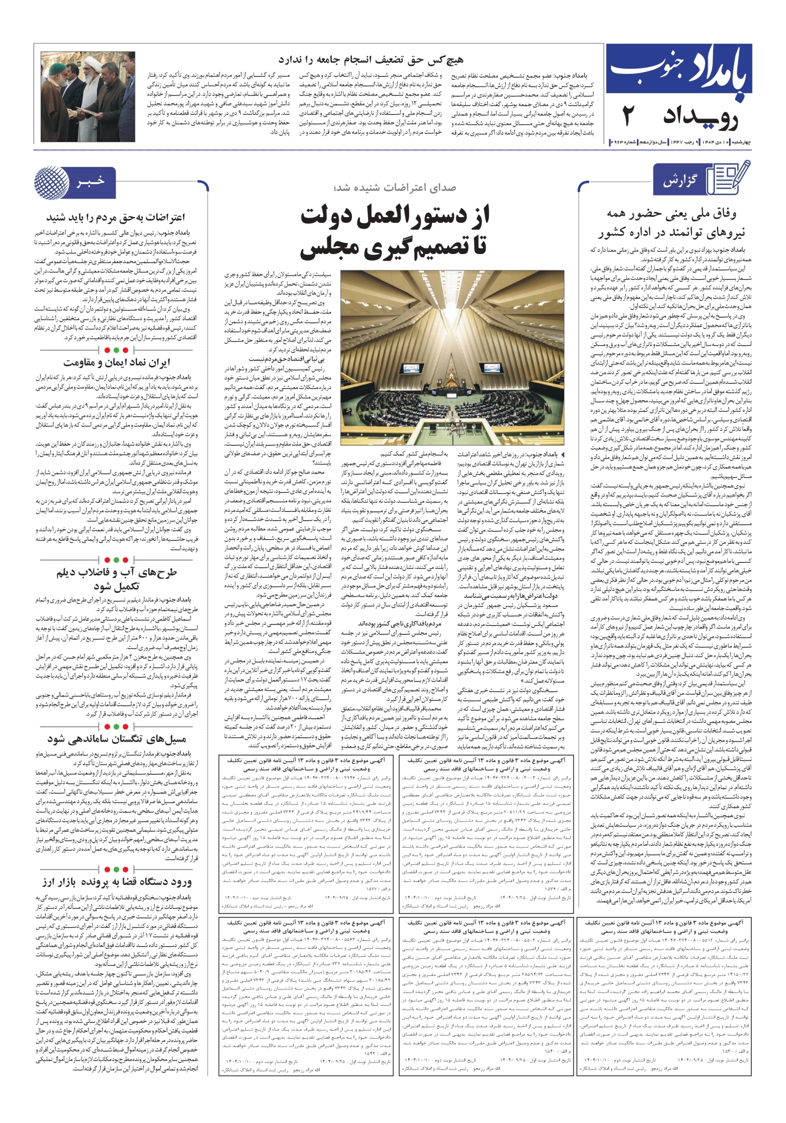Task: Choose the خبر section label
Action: (x=90, y=182)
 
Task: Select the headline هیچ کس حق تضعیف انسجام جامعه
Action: (x=370, y=60)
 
